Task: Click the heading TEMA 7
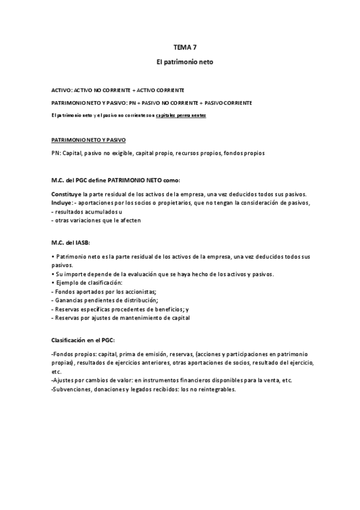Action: (x=180, y=46)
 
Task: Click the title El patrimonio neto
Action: (x=180, y=62)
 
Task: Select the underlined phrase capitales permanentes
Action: (x=180, y=114)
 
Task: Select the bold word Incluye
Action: (x=63, y=203)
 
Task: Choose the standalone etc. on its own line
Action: (x=56, y=372)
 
